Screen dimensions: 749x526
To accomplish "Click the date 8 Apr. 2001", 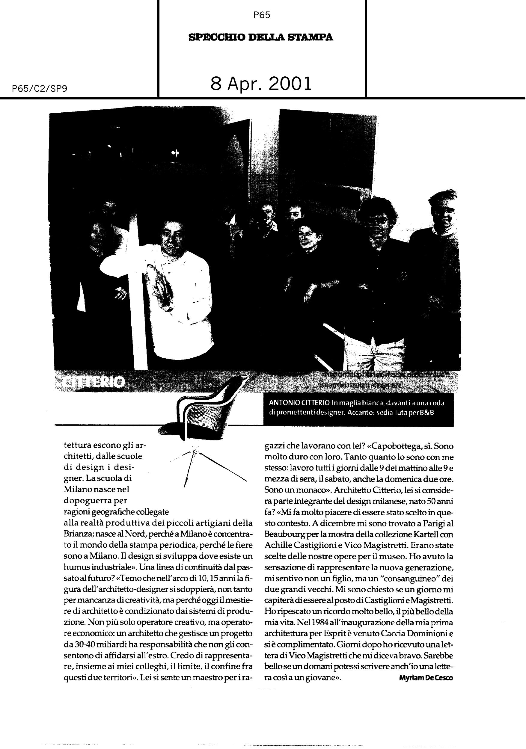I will tap(261, 84).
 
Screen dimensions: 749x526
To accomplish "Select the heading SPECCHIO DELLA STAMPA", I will tap(261, 37).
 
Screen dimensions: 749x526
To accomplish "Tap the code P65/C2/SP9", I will tap(40, 89).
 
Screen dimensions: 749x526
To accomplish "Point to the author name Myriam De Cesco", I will tap(426, 678).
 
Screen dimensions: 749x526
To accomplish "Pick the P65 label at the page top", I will tap(262, 15).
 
